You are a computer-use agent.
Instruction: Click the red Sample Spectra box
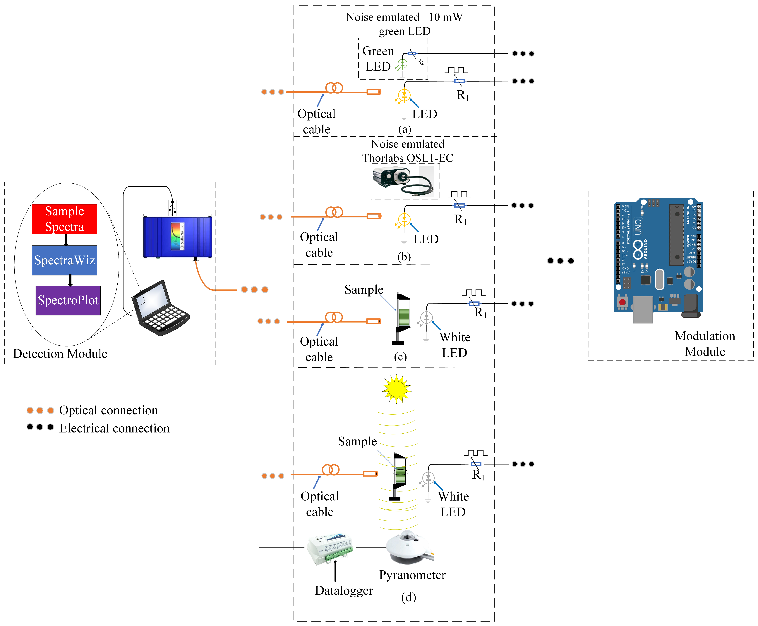pyautogui.click(x=64, y=219)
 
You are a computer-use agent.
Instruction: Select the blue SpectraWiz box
pyautogui.click(x=64, y=260)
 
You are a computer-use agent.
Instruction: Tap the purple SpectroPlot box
pyautogui.click(x=68, y=300)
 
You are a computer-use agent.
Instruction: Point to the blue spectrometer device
pyautogui.click(x=178, y=237)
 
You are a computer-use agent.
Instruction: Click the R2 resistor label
pyautogui.click(x=420, y=62)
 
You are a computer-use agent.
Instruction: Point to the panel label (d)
pyautogui.click(x=408, y=598)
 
